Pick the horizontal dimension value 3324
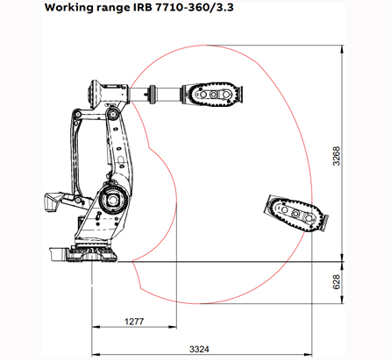[201, 349]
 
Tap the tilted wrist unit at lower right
[295, 212]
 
